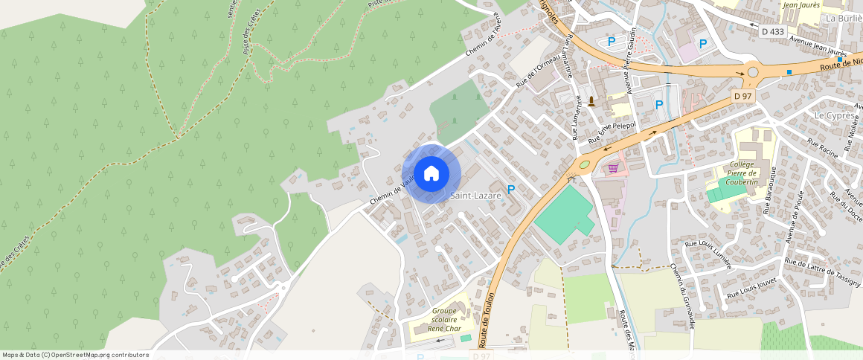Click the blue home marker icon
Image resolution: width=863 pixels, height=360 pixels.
click(431, 173)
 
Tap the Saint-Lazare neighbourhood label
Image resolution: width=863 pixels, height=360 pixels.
click(475, 196)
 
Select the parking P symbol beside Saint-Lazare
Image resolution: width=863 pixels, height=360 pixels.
click(511, 190)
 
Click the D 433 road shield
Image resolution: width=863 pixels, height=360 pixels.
click(773, 31)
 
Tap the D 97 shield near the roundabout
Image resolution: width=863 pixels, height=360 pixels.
click(742, 96)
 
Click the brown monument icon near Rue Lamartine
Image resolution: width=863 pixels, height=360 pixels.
click(591, 101)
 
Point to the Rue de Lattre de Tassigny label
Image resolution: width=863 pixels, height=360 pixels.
click(823, 273)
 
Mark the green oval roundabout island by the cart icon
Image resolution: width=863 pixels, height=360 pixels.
click(585, 164)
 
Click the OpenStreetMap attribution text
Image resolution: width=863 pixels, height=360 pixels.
click(75, 355)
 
